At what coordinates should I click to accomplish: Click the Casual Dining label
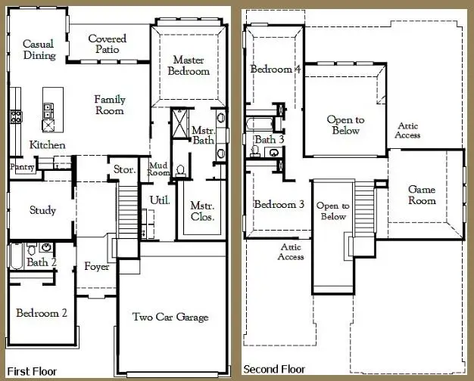coord(39,50)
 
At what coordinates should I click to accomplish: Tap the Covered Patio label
coord(107,45)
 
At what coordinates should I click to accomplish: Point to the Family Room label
coord(110,105)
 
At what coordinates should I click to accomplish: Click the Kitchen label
coord(47,144)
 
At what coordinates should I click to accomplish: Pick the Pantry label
coord(21,168)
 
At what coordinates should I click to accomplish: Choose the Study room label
coord(42,210)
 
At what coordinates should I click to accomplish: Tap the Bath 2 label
coord(42,262)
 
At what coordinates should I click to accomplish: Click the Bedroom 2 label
coord(42,313)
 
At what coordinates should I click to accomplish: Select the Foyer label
coord(97,267)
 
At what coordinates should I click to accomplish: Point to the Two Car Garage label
coord(170,317)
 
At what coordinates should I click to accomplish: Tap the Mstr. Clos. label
coord(202,211)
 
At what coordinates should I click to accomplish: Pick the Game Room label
coord(422,195)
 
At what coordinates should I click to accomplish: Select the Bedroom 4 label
coord(276,70)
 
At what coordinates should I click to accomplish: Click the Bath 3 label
coord(269,139)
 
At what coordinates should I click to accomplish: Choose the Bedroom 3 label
coord(279,204)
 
